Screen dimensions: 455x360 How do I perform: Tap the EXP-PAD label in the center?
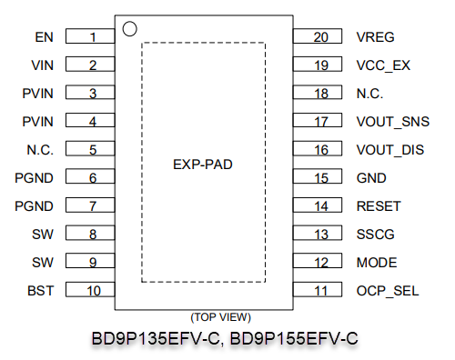[x=203, y=165]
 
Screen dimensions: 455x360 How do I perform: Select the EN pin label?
[x=45, y=37]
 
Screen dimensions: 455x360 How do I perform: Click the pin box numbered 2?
[x=90, y=65]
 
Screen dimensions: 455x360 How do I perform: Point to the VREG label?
[x=375, y=37]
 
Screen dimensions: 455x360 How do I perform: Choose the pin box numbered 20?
[x=318, y=36]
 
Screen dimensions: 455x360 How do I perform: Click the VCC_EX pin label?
[x=383, y=65]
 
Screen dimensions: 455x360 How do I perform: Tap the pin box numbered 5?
[x=90, y=148]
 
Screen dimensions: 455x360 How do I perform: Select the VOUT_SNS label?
[x=393, y=122]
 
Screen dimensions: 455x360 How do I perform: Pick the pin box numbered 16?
[x=318, y=148]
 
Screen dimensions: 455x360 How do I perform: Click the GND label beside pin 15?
[x=371, y=178]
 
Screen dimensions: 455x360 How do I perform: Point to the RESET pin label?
[x=379, y=206]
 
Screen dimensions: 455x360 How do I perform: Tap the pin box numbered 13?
[x=318, y=233]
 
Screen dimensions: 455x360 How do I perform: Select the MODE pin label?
[x=377, y=263]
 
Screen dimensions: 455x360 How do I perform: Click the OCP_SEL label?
[x=388, y=291]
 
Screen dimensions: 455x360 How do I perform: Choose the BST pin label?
[x=41, y=291]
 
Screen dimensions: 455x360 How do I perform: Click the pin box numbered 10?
[x=90, y=289]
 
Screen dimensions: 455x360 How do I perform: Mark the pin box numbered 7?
[x=90, y=205]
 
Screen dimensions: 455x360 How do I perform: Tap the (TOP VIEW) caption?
[x=220, y=317]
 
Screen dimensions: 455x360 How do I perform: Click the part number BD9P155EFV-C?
[x=294, y=338]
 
